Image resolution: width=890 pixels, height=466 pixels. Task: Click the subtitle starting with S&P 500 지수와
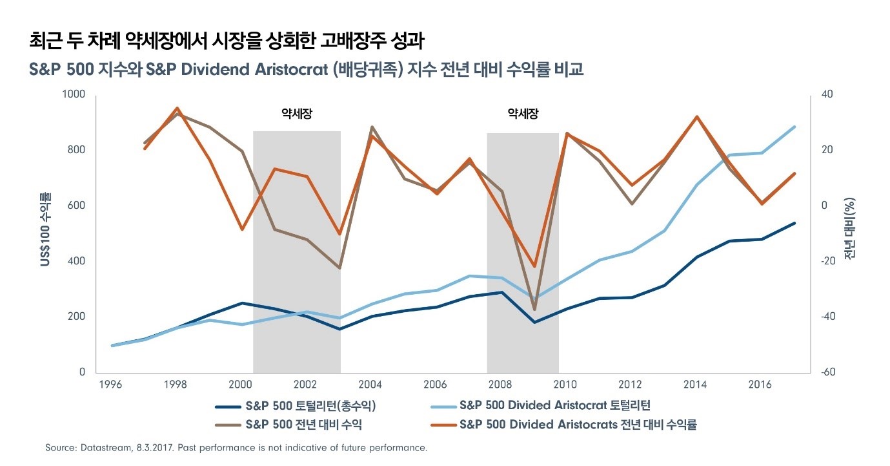pyautogui.click(x=306, y=69)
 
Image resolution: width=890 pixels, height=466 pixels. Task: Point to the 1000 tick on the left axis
pyautogui.click(x=73, y=94)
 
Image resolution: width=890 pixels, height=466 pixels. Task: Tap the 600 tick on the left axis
pyautogui.click(x=76, y=206)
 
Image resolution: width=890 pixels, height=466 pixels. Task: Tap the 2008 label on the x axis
pyautogui.click(x=501, y=385)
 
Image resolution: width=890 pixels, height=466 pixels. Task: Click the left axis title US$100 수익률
pyautogui.click(x=46, y=229)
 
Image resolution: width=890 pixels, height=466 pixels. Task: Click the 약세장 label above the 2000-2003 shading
pyautogui.click(x=296, y=114)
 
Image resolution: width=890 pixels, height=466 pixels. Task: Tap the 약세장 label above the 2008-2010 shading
pyautogui.click(x=523, y=114)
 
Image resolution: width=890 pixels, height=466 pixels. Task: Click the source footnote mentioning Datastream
pyautogui.click(x=236, y=447)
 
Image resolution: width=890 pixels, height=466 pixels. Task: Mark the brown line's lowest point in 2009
pyautogui.click(x=534, y=310)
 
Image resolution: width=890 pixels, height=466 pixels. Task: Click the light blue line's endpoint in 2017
pyautogui.click(x=794, y=127)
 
